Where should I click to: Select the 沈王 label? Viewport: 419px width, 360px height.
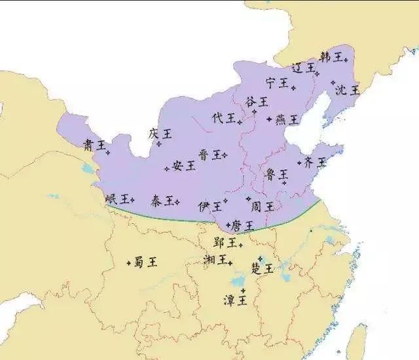tap(348, 90)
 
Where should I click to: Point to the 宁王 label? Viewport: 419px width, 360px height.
tap(278, 82)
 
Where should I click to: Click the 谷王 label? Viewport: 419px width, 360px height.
tap(257, 102)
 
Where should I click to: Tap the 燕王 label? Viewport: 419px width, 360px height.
tap(287, 120)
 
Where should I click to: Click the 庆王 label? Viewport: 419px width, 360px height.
tap(160, 134)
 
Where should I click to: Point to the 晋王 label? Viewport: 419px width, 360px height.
tap(210, 155)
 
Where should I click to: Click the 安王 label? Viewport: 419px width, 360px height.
tap(184, 166)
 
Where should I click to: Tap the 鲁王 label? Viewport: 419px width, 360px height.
tap(276, 174)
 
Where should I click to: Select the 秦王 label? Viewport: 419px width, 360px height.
tap(162, 200)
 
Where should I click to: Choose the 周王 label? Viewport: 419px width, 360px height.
tap(262, 205)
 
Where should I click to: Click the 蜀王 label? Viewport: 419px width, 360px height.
tap(145, 262)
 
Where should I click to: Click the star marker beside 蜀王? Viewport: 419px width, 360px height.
tap(128, 263)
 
